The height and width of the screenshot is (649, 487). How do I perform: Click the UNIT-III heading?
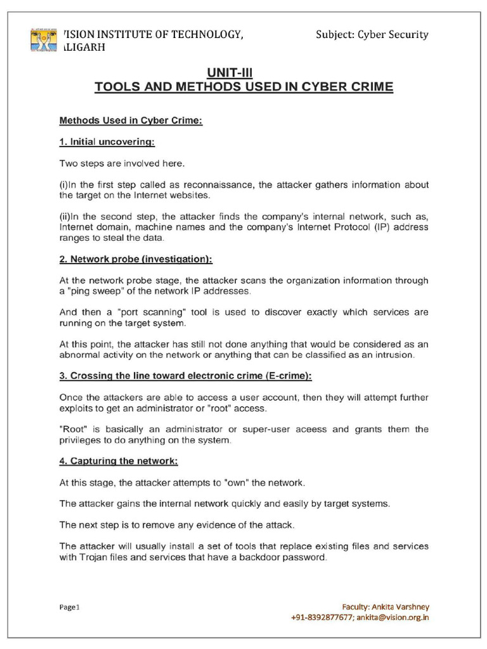(x=243, y=73)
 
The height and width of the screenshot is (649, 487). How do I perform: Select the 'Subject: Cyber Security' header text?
(x=372, y=34)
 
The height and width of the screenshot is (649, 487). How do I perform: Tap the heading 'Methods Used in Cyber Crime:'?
(x=131, y=120)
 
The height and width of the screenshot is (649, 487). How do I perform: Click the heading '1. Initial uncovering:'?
(x=107, y=142)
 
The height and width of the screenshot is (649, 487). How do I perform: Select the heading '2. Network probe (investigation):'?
(x=136, y=260)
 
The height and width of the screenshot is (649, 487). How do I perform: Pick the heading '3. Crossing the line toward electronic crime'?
(x=185, y=376)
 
